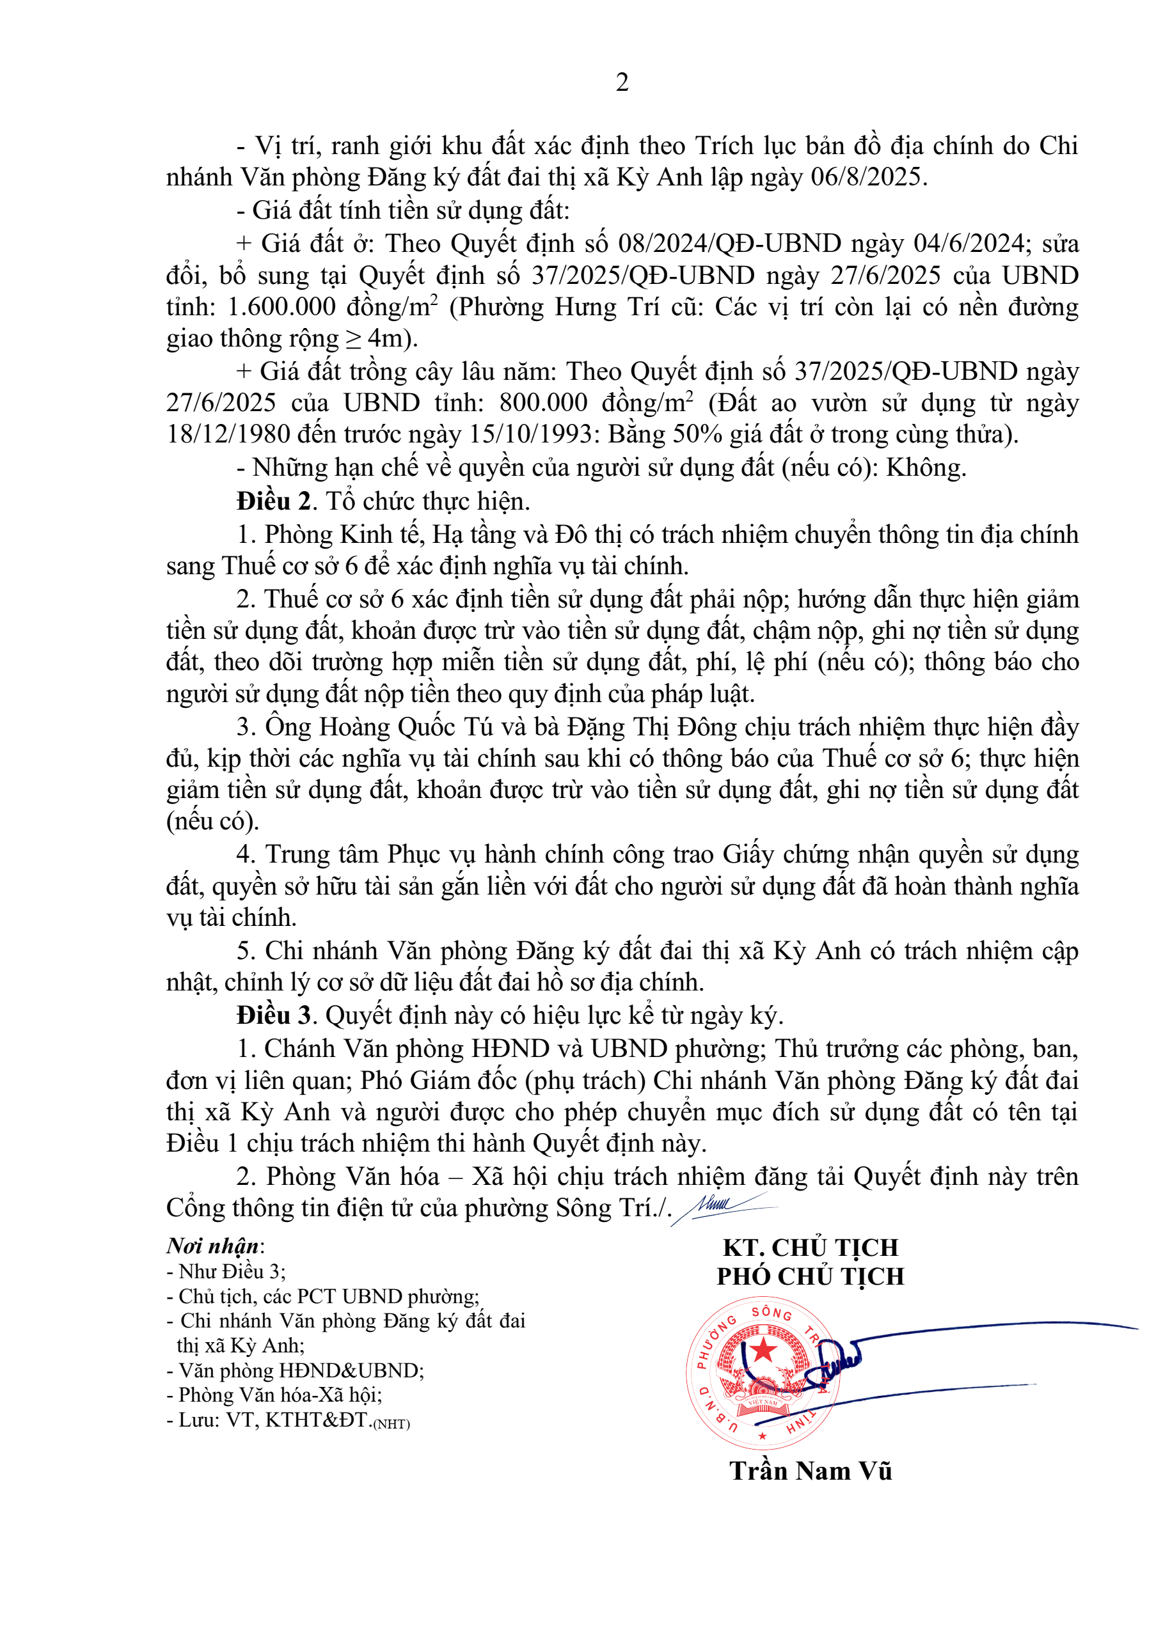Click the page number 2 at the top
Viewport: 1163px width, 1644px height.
622,83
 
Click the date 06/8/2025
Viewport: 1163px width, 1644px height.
868,177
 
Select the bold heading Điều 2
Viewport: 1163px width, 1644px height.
274,501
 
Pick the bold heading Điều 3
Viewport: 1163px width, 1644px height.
274,1015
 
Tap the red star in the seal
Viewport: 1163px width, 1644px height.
763,1350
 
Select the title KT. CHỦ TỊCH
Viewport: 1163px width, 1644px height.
811,1248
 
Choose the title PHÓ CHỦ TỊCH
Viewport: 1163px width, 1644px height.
811,1277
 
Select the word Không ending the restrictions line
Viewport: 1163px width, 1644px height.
925,467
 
